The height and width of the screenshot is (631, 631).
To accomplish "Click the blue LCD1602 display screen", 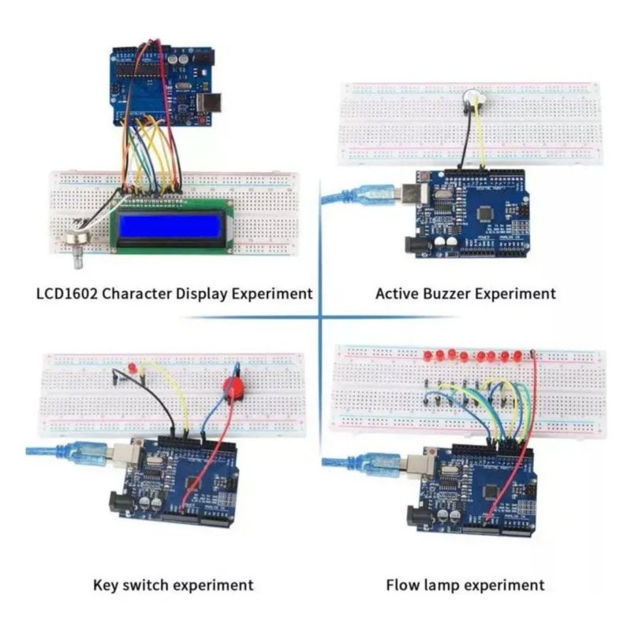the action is pyautogui.click(x=170, y=226).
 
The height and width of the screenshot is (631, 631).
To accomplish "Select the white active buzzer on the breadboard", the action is pyautogui.click(x=475, y=98).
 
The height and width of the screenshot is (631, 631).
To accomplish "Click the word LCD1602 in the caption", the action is pyautogui.click(x=67, y=293).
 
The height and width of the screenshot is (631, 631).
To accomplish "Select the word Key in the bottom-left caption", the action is pyautogui.click(x=106, y=584).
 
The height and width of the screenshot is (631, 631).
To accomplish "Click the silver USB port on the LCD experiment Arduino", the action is pyautogui.click(x=210, y=103).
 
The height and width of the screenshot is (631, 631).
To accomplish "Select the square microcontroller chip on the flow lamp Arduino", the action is pyautogui.click(x=491, y=491).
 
